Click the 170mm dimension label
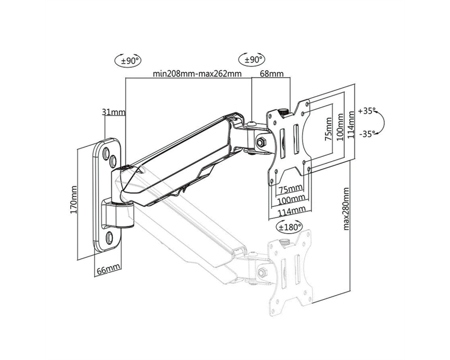(73, 199)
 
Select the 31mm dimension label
(114, 112)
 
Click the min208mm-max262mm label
(197, 73)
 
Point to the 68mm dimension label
(271, 73)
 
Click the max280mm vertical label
(346, 209)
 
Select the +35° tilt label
(367, 111)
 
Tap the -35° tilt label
(367, 134)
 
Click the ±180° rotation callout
(289, 227)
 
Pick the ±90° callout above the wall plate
(128, 61)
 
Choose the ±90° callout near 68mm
(252, 60)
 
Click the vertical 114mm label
(351, 125)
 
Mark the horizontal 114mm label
(291, 211)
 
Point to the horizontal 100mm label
(291, 199)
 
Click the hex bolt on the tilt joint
(261, 142)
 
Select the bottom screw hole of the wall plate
(109, 237)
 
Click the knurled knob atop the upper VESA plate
(284, 112)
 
